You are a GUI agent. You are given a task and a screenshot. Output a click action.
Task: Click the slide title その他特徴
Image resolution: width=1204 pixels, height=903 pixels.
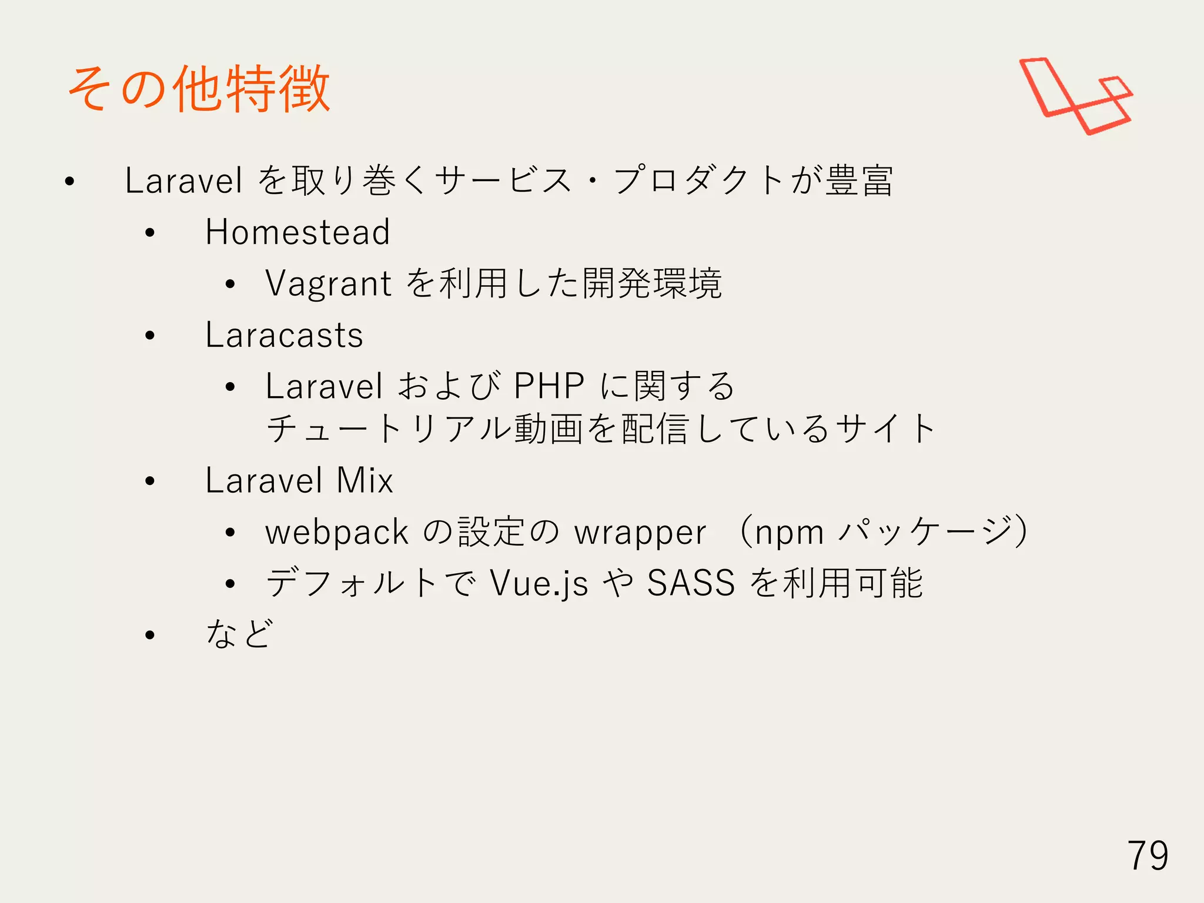[199, 89]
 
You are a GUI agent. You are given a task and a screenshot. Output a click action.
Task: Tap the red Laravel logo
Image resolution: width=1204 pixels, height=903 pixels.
[1075, 96]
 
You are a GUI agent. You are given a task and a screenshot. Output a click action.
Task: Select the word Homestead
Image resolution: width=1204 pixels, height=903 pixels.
[297, 232]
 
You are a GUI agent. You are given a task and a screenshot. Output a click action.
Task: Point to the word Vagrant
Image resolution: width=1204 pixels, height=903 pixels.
[328, 284]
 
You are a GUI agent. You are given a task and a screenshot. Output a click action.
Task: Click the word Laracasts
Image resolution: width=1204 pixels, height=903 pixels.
[284, 335]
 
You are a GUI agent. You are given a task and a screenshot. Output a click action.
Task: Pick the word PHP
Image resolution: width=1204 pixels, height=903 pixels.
[549, 386]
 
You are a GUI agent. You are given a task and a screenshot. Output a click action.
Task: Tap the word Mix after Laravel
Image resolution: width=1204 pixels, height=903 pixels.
[364, 480]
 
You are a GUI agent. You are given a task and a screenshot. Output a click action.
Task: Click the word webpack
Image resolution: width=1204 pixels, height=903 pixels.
[336, 533]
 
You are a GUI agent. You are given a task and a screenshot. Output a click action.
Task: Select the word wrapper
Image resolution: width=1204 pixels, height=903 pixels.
[640, 533]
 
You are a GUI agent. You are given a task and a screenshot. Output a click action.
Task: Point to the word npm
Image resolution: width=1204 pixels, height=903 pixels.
[789, 533]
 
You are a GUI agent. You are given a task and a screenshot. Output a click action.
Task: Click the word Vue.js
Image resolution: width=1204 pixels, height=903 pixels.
[539, 583]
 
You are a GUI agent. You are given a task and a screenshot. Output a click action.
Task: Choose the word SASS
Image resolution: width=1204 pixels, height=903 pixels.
[691, 583]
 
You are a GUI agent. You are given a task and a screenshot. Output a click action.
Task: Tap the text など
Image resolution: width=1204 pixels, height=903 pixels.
[239, 634]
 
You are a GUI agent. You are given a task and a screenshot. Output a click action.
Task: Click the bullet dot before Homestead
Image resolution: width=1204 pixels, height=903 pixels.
[150, 233]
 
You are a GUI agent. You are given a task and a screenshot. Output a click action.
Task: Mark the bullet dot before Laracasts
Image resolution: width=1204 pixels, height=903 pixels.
[150, 336]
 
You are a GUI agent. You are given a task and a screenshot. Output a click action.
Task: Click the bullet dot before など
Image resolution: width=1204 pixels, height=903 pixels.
[150, 635]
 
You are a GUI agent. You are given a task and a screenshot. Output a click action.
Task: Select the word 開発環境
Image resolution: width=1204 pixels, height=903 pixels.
[652, 283]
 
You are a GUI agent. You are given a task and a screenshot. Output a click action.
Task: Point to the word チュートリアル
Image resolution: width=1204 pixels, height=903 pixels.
[389, 429]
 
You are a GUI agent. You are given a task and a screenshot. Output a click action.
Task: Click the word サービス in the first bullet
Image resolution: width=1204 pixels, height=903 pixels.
[503, 180]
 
